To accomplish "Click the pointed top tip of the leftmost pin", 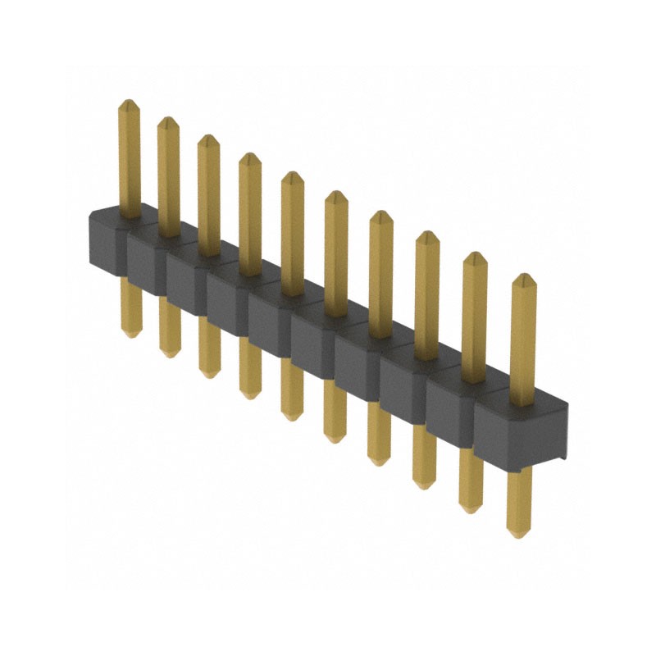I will (x=128, y=102).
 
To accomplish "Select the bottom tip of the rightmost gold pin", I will (x=516, y=535).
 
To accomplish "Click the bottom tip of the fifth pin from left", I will (x=291, y=417).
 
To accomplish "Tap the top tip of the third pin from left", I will (x=208, y=137).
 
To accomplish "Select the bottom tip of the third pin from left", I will (x=209, y=376).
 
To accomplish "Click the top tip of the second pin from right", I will (x=475, y=253).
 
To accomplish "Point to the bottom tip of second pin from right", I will (x=469, y=510).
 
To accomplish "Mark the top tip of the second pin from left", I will (x=167, y=119).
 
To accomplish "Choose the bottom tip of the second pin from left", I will (x=169, y=354).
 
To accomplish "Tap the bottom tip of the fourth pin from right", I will (x=378, y=463).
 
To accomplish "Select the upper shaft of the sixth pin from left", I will (x=335, y=254).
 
